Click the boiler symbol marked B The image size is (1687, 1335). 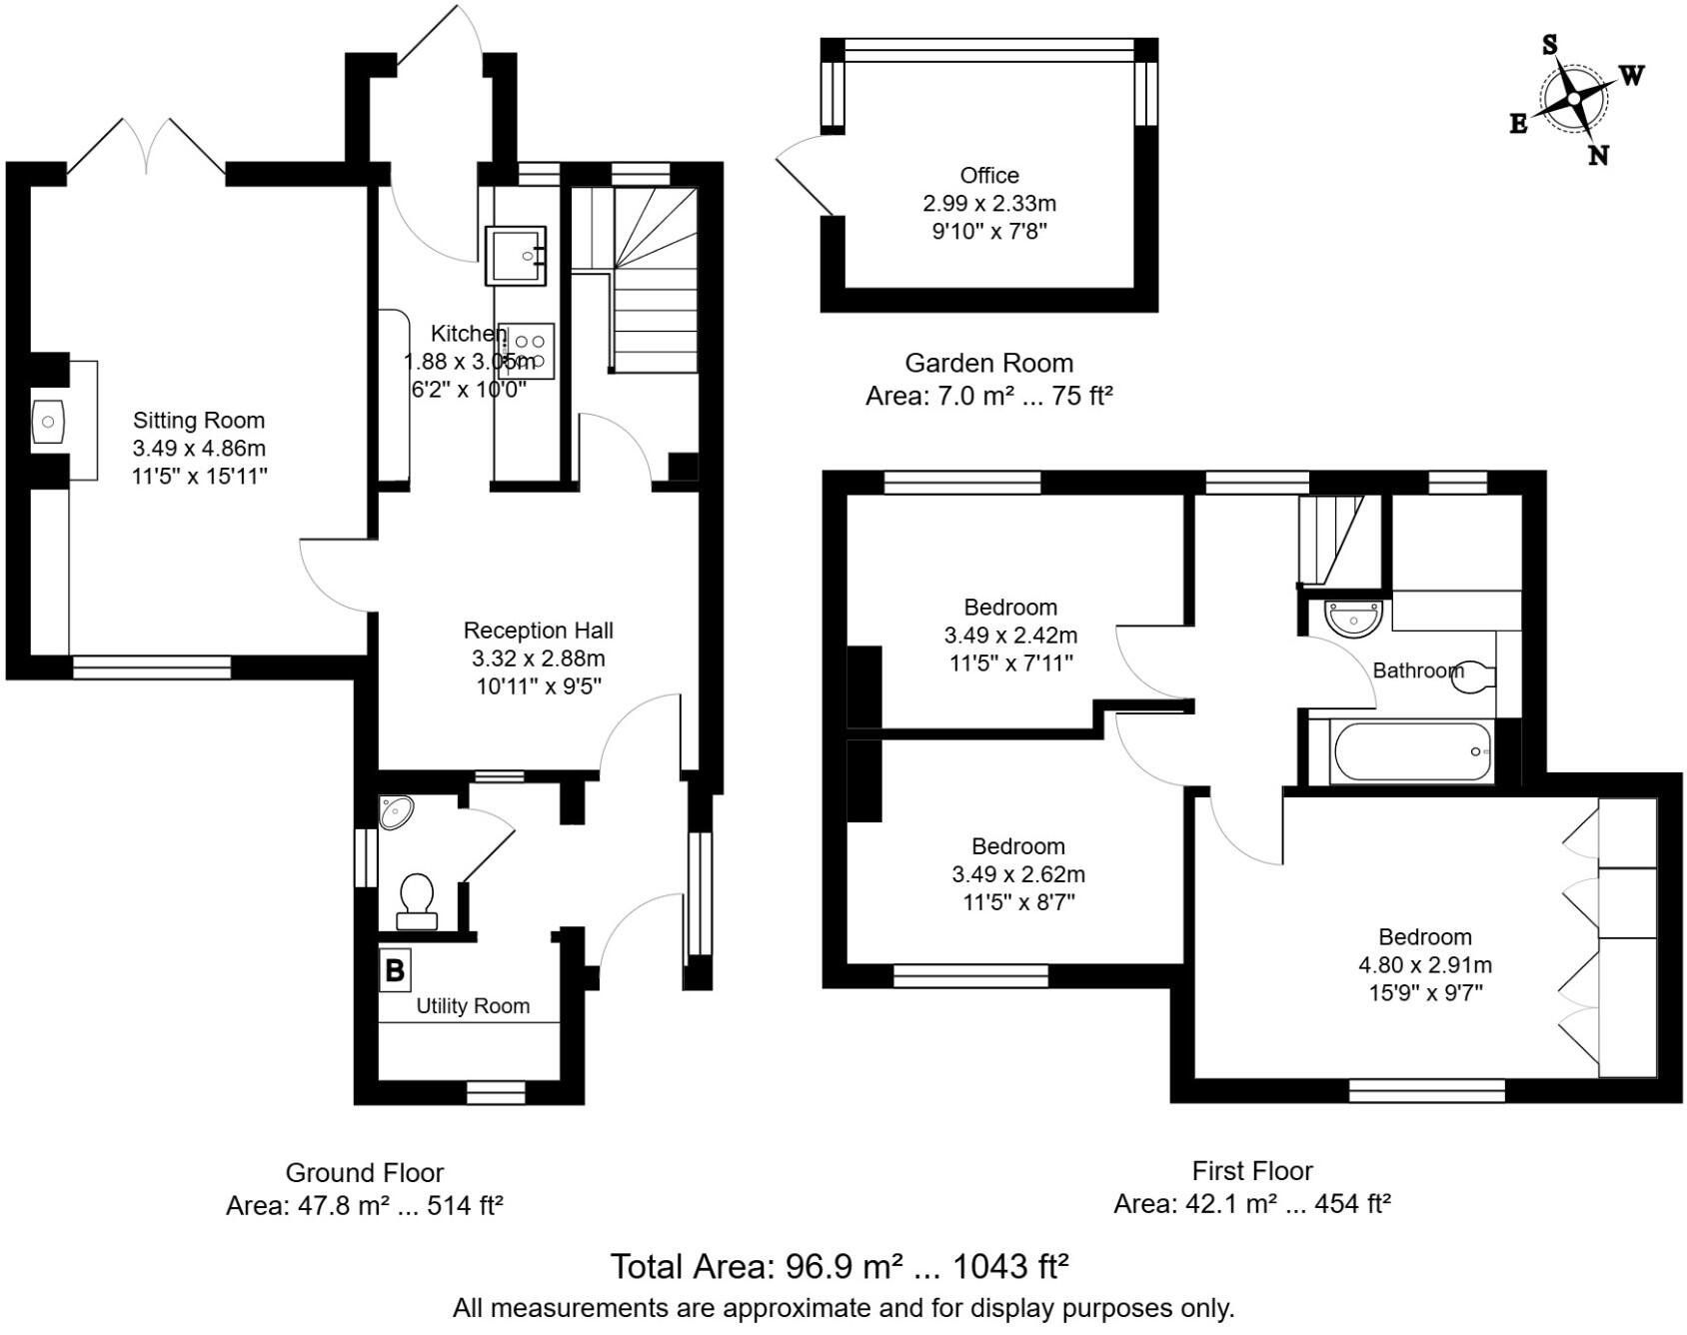(x=395, y=969)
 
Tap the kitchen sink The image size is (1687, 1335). (x=516, y=256)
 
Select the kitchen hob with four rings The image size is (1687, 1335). (x=528, y=351)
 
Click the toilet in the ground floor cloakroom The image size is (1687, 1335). (x=417, y=898)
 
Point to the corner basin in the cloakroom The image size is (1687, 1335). (x=395, y=811)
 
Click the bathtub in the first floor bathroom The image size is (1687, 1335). (x=1412, y=752)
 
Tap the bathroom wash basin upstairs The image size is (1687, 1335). (x=1353, y=618)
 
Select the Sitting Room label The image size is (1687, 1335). (x=199, y=421)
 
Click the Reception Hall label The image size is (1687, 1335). (x=538, y=631)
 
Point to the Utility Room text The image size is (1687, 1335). (x=473, y=1006)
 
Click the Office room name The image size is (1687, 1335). (x=989, y=176)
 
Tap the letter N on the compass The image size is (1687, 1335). (x=1598, y=156)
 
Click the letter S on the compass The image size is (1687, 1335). (x=1549, y=45)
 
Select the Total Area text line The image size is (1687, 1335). (x=840, y=1267)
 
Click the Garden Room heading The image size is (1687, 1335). (x=988, y=364)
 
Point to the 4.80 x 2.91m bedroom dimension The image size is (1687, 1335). (x=1424, y=965)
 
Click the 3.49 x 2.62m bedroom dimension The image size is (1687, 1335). (x=1017, y=874)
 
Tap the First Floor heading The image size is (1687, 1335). (x=1252, y=1170)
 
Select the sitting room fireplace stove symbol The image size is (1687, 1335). (x=48, y=422)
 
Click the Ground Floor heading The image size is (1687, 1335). (x=364, y=1172)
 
